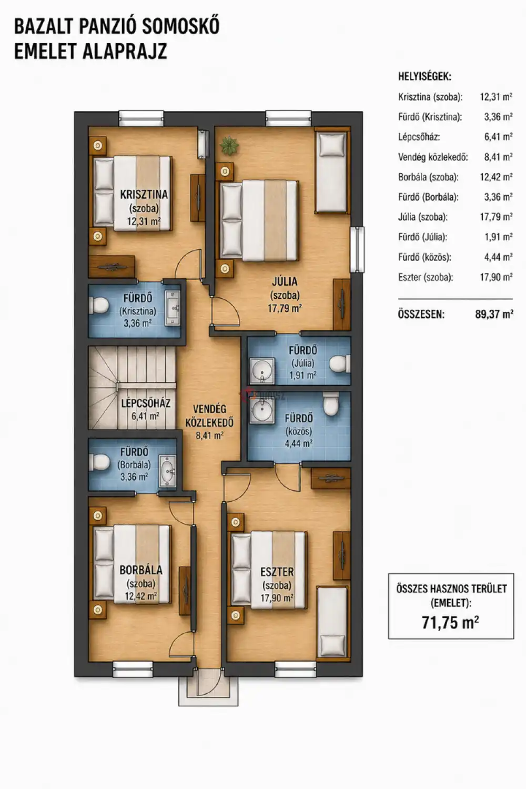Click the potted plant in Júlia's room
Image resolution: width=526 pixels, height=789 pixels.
point(229,146)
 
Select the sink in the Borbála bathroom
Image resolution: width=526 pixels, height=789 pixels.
point(168,471)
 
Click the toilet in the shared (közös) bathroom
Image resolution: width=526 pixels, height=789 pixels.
point(331,403)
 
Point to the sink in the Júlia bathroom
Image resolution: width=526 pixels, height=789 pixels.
point(261,371)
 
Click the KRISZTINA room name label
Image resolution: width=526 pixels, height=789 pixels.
point(144,195)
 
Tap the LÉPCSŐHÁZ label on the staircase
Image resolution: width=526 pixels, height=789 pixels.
point(146,403)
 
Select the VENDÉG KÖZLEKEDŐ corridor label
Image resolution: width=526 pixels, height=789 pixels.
point(210,416)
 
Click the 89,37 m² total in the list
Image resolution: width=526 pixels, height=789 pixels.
point(494,314)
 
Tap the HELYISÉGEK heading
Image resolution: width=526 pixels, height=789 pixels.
point(424,76)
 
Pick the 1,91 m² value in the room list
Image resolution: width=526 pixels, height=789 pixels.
point(499,237)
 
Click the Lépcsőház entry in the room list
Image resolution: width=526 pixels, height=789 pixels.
point(419,137)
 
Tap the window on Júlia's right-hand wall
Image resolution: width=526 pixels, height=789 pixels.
point(357,249)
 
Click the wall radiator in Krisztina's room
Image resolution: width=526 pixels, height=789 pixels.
point(202,144)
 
